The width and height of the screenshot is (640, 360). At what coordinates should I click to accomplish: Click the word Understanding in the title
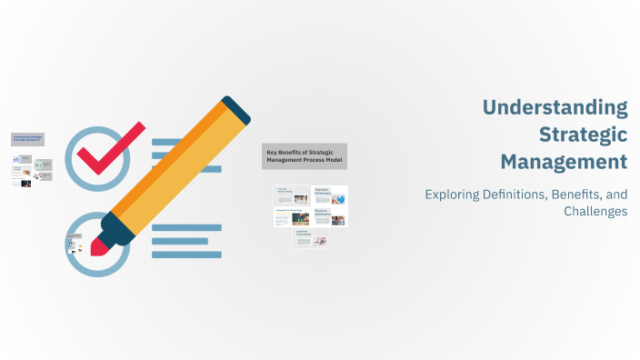tap(555, 108)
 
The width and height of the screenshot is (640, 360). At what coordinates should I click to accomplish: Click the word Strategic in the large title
tap(583, 135)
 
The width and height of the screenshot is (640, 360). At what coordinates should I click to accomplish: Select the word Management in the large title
tap(564, 162)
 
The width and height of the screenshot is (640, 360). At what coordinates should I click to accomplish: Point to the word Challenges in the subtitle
tap(595, 211)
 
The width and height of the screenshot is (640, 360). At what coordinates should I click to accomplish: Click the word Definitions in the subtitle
tap(527, 194)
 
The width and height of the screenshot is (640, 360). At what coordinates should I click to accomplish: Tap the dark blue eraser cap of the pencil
tap(235, 108)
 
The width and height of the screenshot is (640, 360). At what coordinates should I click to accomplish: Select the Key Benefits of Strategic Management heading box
tap(305, 155)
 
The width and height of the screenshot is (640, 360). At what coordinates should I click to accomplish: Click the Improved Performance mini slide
tap(329, 195)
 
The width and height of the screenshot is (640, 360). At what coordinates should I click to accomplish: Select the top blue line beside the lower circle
tap(187, 227)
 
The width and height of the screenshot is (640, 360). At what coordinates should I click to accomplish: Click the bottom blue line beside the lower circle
tap(187, 255)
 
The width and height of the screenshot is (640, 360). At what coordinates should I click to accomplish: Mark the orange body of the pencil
tap(168, 167)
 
